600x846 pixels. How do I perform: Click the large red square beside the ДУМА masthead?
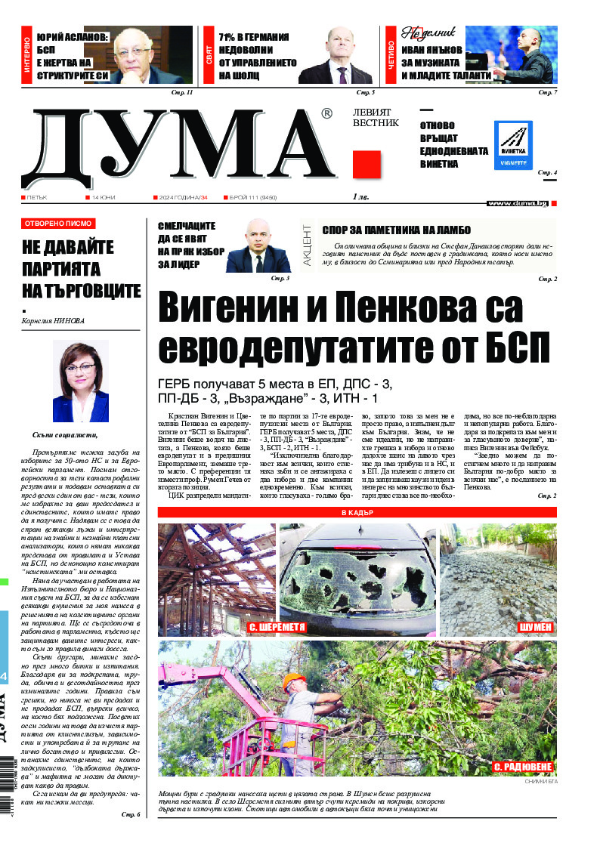[x=366, y=163]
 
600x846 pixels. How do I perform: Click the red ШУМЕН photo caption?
[x=535, y=628]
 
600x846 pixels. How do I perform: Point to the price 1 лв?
[x=361, y=197]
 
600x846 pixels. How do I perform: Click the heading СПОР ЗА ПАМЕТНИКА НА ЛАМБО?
[x=396, y=230]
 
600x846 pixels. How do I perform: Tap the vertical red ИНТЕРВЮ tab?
[x=27, y=55]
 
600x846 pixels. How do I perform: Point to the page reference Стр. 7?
[x=547, y=92]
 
